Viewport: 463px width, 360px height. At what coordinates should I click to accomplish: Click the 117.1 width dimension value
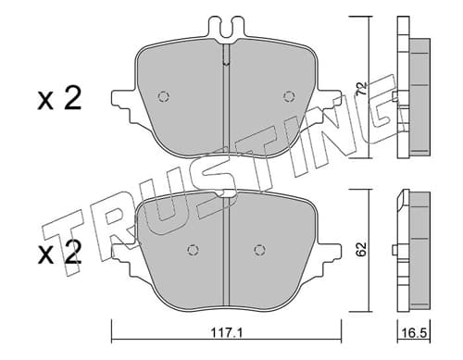tap(227, 333)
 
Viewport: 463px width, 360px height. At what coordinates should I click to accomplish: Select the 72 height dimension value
tap(362, 88)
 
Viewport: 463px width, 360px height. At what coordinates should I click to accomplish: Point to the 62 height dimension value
tap(362, 249)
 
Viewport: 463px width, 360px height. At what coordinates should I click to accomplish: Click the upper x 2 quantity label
tap(59, 98)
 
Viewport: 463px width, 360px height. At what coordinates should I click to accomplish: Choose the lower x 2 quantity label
tap(59, 253)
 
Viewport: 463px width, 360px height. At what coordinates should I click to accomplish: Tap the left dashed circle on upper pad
tap(163, 96)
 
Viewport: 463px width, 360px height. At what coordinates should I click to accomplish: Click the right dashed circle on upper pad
tap(289, 96)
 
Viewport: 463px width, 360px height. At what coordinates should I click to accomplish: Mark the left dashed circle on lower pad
tap(193, 250)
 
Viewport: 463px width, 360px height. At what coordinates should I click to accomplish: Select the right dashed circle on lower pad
tap(260, 250)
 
